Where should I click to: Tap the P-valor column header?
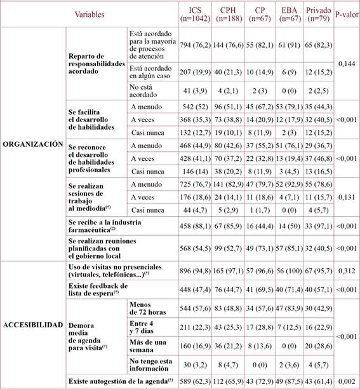tap(345, 14)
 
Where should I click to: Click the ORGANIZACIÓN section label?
tap(33, 144)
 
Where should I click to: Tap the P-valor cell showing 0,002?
tap(345, 381)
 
